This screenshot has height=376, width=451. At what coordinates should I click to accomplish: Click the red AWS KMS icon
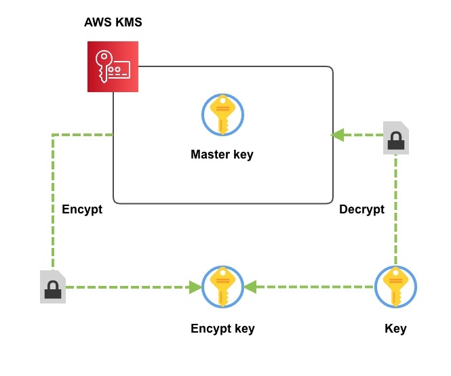coord(113,66)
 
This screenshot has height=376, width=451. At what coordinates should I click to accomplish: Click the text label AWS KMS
coord(113,22)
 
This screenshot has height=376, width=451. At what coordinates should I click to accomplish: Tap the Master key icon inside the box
coord(222,116)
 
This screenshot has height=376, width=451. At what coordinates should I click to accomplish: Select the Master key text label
coord(222,154)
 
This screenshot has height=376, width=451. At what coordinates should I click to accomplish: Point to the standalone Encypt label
coord(81,209)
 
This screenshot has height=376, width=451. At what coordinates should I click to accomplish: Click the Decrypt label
coord(361,209)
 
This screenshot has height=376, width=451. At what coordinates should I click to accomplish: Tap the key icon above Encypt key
coord(222,287)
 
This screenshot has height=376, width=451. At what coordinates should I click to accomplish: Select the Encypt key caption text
coord(222,329)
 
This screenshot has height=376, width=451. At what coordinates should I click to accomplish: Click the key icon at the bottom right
coord(395,287)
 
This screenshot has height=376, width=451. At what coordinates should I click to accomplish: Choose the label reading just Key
coord(395,329)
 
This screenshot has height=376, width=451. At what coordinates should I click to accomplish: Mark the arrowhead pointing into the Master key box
coord(337,135)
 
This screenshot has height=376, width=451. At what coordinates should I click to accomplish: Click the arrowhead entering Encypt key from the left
coord(196,287)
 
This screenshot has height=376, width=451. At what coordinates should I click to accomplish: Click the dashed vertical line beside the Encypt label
coord(53,203)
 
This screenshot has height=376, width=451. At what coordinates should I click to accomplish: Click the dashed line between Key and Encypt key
coord(312,287)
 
